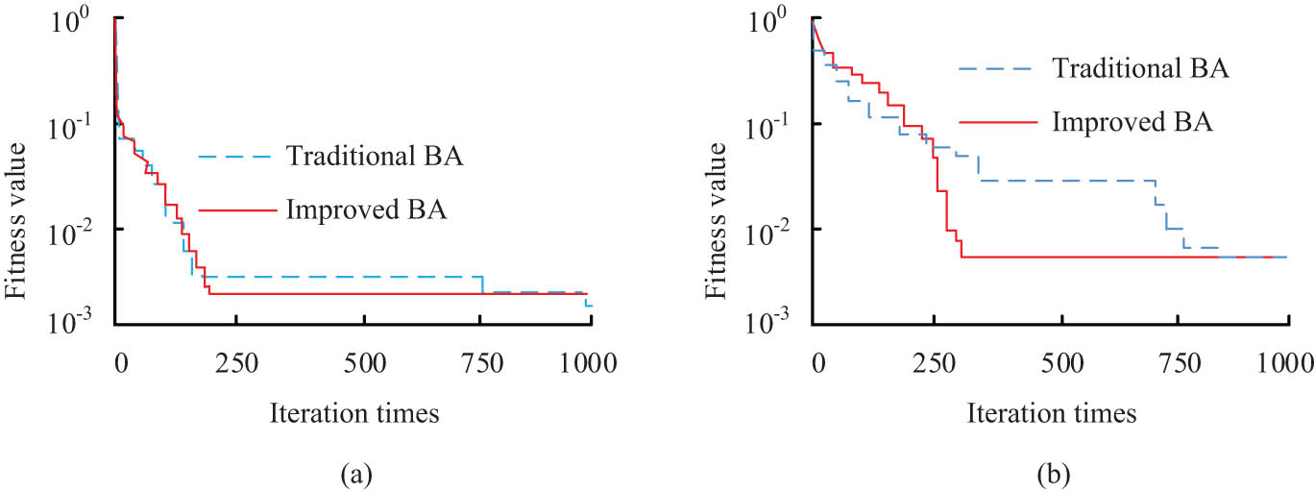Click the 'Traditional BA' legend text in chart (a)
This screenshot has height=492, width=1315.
click(376, 156)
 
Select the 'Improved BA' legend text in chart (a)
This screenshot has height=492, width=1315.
click(367, 209)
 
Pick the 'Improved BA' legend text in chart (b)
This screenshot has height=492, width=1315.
click(1132, 122)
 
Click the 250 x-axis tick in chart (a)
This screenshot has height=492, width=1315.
click(235, 362)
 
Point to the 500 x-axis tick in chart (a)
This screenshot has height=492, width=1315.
click(364, 362)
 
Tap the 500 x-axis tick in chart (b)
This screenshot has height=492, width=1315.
click(1061, 362)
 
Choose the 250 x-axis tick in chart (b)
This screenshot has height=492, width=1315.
click(933, 362)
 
